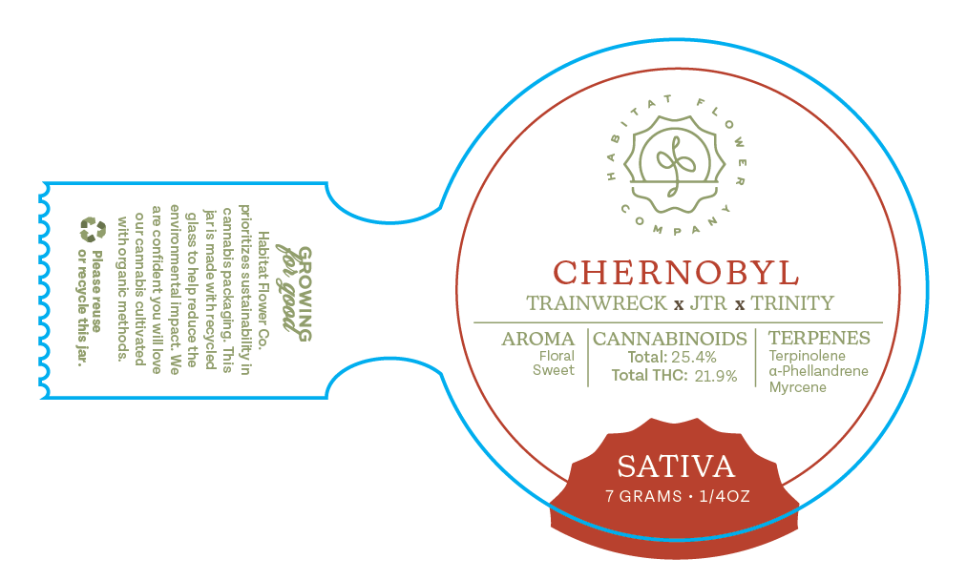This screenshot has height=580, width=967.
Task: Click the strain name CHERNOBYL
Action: pyautogui.click(x=676, y=273)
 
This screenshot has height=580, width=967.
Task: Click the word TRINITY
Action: pyautogui.click(x=791, y=304)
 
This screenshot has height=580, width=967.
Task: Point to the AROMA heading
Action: pyautogui.click(x=538, y=339)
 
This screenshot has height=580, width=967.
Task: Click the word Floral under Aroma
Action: pyautogui.click(x=557, y=356)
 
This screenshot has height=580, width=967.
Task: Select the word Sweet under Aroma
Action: pyautogui.click(x=555, y=370)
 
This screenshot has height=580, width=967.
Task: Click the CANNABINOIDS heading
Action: pyautogui.click(x=670, y=339)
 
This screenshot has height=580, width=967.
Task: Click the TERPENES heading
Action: pyautogui.click(x=819, y=339)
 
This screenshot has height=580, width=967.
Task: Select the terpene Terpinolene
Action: pyautogui.click(x=807, y=356)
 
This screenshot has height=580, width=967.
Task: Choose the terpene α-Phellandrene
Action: pyautogui.click(x=818, y=371)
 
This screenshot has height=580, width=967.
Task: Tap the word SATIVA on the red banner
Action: pyautogui.click(x=676, y=466)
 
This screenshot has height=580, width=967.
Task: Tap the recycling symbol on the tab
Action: pyautogui.click(x=94, y=229)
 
